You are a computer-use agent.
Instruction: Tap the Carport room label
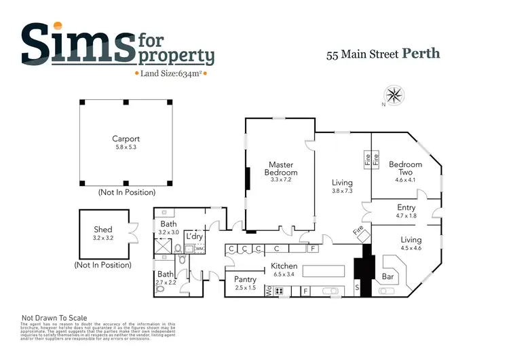[126, 139]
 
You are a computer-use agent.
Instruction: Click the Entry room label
[407, 208]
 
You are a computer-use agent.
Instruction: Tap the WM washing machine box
[200, 249]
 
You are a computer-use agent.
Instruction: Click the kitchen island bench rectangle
[324, 272]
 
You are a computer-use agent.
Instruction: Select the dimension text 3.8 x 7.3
[342, 192]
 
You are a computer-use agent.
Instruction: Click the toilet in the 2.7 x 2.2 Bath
[160, 288]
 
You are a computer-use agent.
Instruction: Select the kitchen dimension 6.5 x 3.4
[284, 274]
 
